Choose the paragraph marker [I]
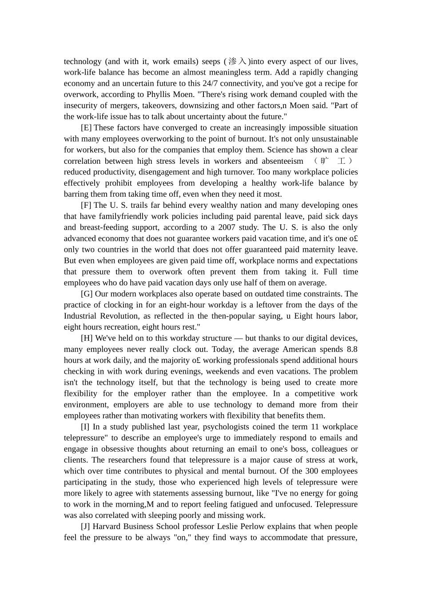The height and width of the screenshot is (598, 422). coord(85,427)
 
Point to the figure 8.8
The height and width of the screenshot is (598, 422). coord(352,349)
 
